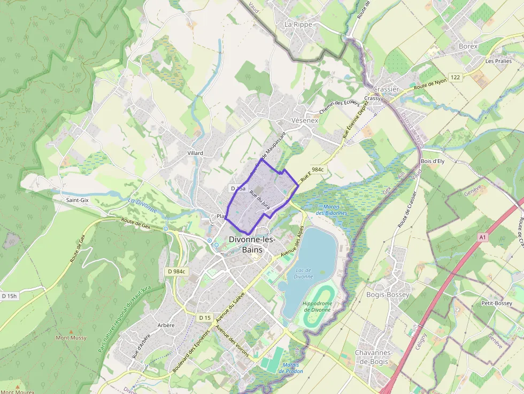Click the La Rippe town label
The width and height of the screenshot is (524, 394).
pyautogui.click(x=298, y=25)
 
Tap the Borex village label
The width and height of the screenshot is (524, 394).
pyautogui.click(x=468, y=46)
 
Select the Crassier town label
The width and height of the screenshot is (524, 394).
pyautogui.click(x=386, y=89)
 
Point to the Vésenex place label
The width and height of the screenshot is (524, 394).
pyautogui.click(x=305, y=120)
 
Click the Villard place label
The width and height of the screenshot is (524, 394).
pyautogui.click(x=195, y=153)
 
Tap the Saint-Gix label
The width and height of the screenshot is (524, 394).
pyautogui.click(x=77, y=200)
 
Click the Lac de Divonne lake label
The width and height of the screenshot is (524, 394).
pyautogui.click(x=303, y=273)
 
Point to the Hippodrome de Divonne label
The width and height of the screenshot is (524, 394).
pyautogui.click(x=317, y=307)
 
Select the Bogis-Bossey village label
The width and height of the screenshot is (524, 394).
pyautogui.click(x=388, y=295)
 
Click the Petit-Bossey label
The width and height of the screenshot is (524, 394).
pyautogui.click(x=497, y=303)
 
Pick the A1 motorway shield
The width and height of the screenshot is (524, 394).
pyautogui.click(x=483, y=237)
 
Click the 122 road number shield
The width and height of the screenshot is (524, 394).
pyautogui.click(x=455, y=78)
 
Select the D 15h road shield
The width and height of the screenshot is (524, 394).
pyautogui.click(x=10, y=296)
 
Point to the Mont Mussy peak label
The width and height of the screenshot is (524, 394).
pyautogui.click(x=71, y=338)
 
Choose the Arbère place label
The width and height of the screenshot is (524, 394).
pyautogui.click(x=166, y=325)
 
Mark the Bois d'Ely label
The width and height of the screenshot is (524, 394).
pyautogui.click(x=433, y=161)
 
